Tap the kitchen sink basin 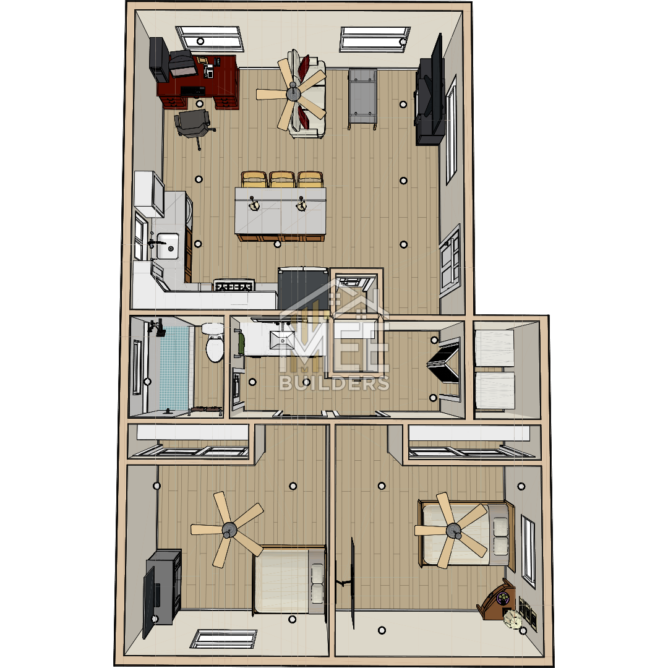point(168,246)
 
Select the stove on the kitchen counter point(234,285)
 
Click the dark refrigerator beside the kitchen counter point(303,288)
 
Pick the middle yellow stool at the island point(281,179)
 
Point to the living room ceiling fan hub point(293,92)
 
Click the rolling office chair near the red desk point(194,126)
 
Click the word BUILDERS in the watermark point(335,383)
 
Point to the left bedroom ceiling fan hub point(229,529)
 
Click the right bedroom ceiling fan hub point(453,531)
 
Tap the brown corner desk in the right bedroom point(496,599)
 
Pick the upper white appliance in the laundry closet point(494,347)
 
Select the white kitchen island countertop point(280,211)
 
